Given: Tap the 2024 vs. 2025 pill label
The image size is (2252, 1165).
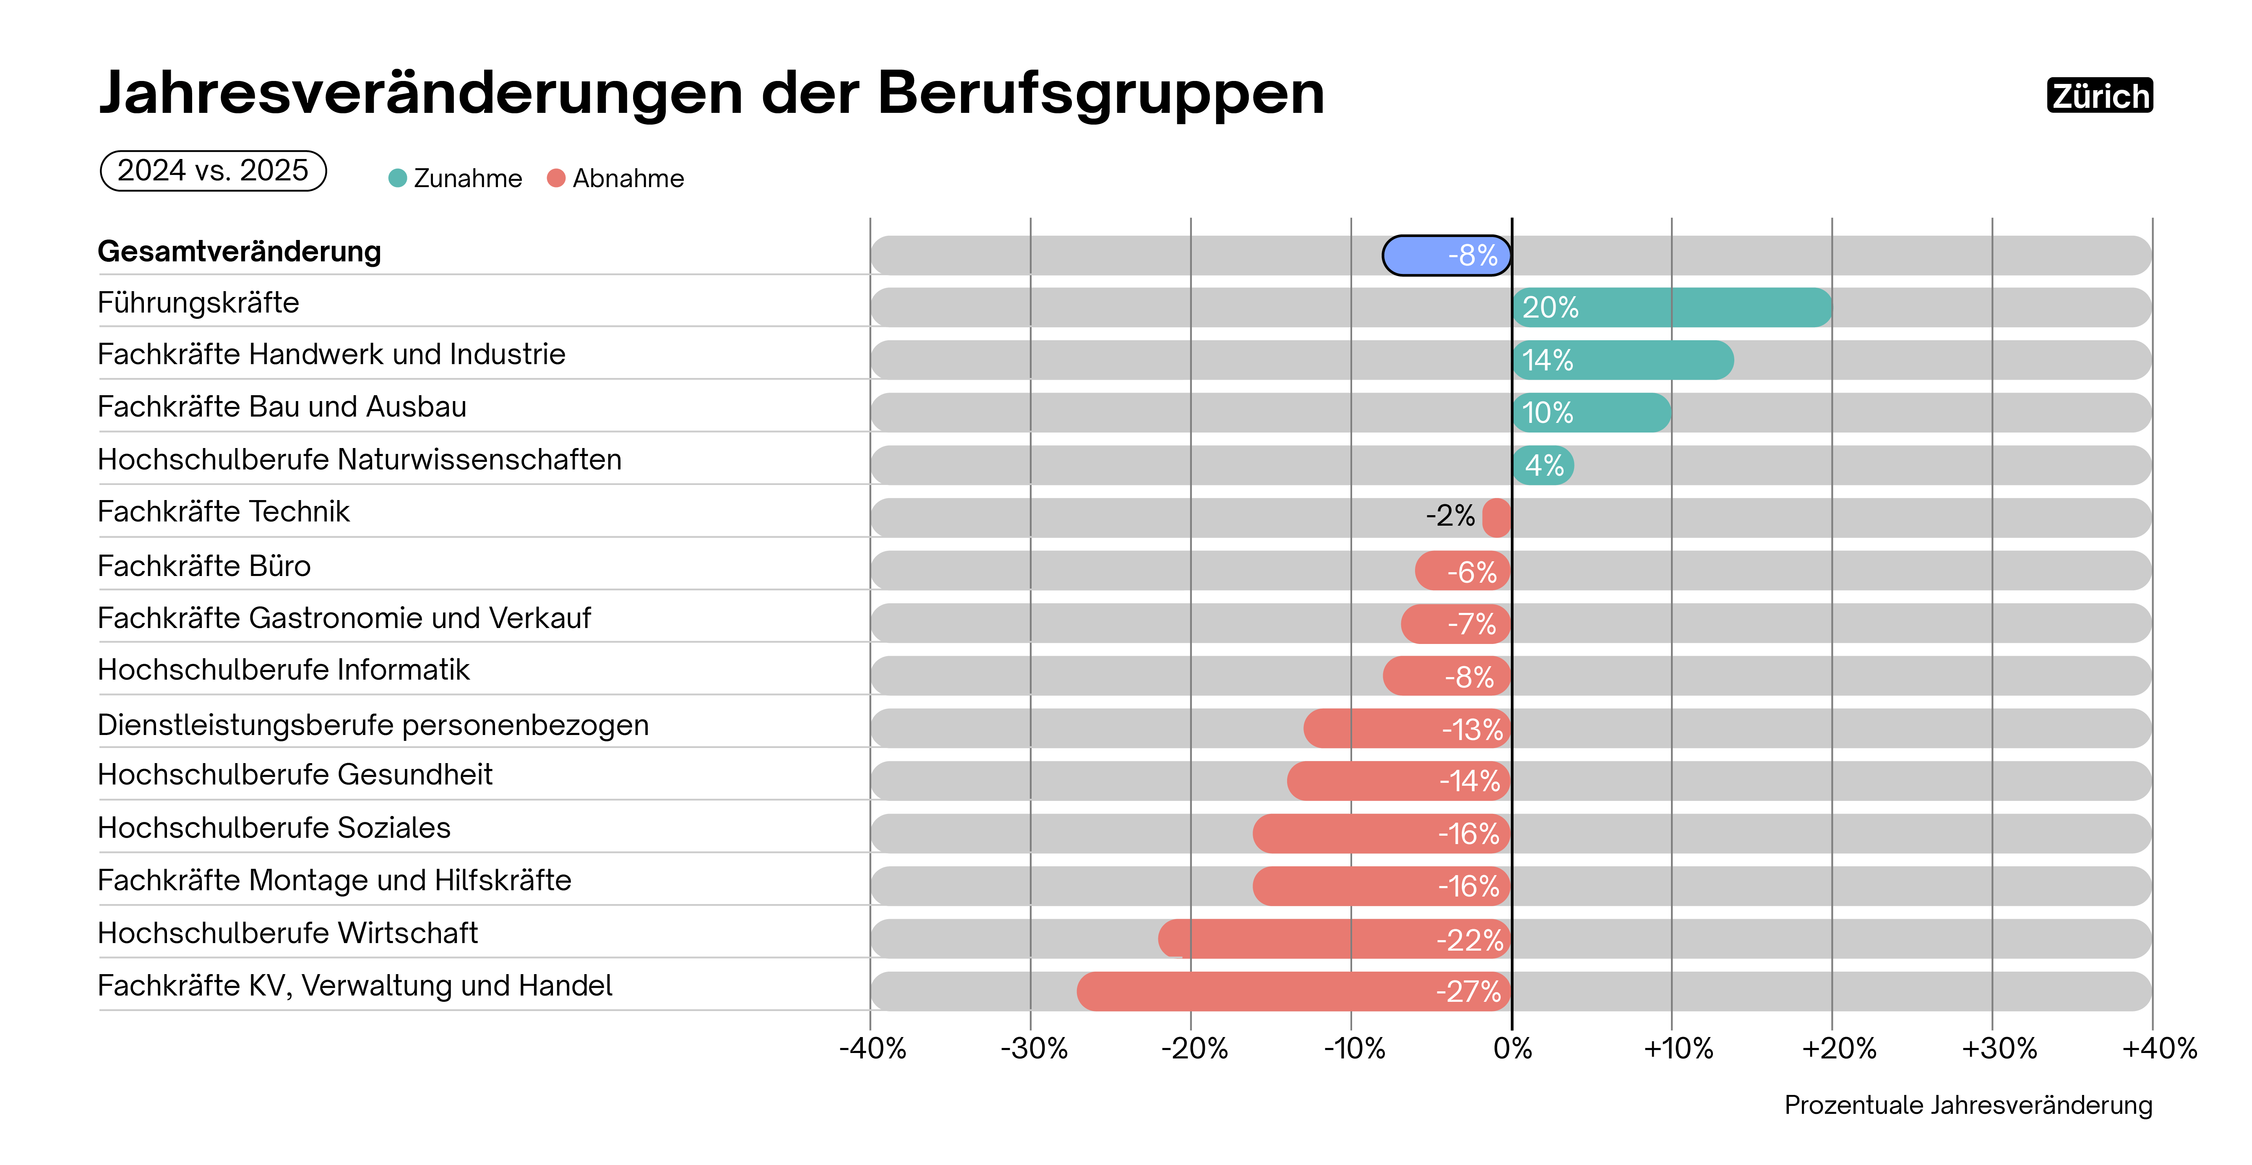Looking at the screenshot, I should (213, 170).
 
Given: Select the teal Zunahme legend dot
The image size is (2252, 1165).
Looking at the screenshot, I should (398, 178).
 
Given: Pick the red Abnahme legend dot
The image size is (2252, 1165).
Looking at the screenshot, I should (556, 178).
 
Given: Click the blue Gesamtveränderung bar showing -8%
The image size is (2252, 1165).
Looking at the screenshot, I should (1447, 255).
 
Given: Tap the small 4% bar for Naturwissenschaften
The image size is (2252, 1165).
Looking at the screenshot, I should (1543, 465).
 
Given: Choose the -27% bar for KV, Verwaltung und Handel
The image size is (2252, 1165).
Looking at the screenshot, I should (1294, 991).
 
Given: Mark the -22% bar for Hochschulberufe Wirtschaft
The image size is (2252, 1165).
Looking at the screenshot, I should (1335, 938).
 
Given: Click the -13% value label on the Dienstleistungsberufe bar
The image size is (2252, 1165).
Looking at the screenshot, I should (1472, 729).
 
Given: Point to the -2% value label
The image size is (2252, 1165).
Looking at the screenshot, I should (1450, 516).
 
